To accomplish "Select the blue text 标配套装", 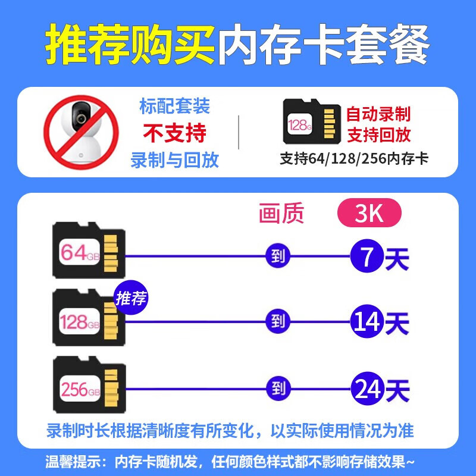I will (174, 107).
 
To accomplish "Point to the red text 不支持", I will (174, 133).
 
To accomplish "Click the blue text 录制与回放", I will (174, 159).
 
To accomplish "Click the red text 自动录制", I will (378, 114).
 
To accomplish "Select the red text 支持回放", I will (378, 135).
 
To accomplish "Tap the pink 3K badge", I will (369, 213).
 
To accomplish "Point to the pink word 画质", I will (281, 213).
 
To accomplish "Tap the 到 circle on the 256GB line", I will (278, 390).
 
